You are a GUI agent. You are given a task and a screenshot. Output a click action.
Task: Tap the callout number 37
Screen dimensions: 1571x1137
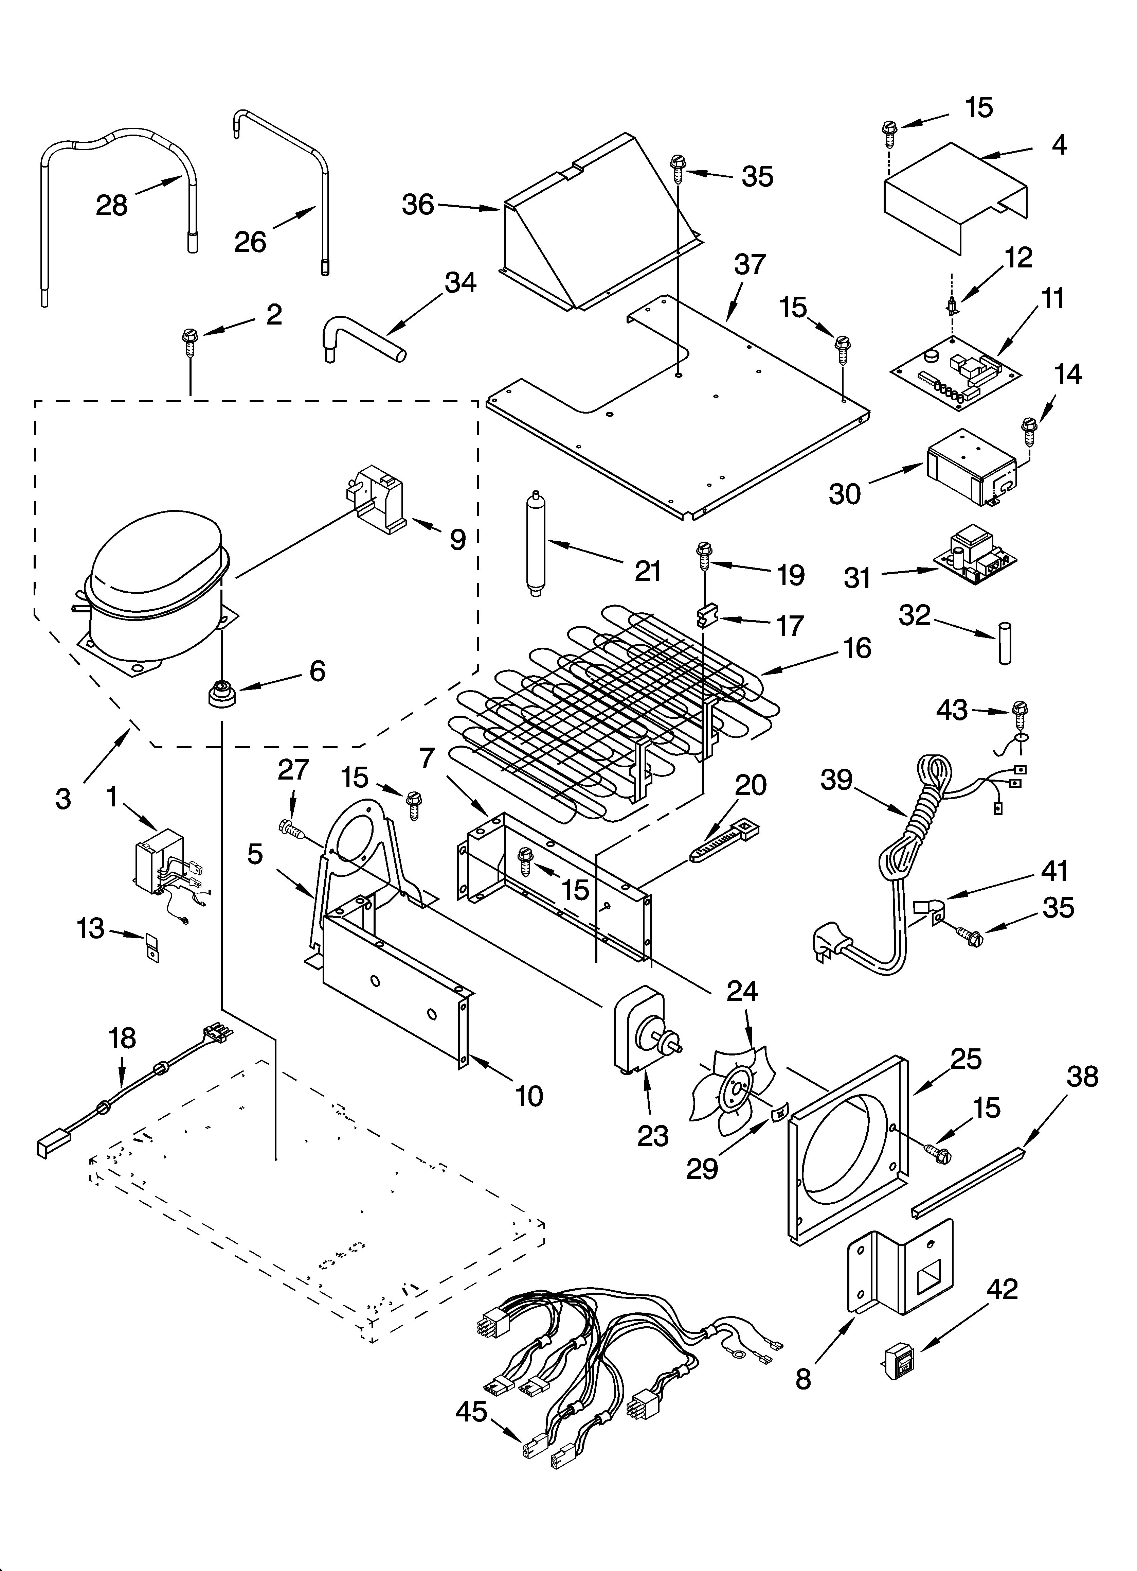pyautogui.click(x=750, y=264)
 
